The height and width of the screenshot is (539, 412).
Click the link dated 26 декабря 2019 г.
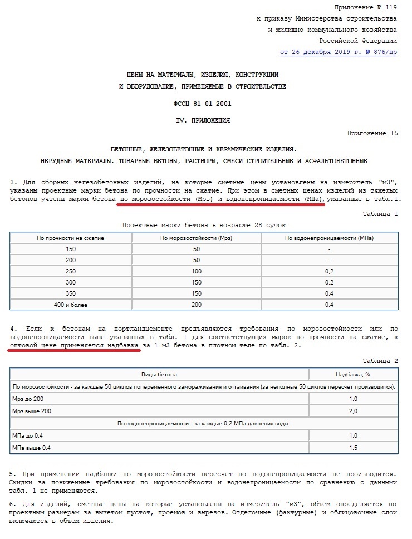click(339, 52)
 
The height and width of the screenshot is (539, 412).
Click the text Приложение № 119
click(366, 7)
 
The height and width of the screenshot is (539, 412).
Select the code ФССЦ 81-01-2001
click(204, 104)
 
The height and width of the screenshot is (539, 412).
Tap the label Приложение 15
click(372, 133)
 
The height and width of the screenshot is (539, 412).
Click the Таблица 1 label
click(380, 213)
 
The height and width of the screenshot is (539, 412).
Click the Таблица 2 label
click(380, 361)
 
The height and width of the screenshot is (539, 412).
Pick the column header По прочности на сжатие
click(71, 238)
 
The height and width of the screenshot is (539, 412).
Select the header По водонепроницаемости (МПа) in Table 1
click(330, 238)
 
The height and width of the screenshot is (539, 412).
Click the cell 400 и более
click(71, 305)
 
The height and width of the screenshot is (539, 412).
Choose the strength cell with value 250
click(71, 271)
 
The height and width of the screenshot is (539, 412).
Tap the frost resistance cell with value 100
click(197, 271)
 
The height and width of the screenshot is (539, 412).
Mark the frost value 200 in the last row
click(197, 305)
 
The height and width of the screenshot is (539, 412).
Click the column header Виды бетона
click(159, 375)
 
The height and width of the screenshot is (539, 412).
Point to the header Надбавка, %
click(354, 375)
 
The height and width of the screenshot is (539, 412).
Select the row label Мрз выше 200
click(31, 411)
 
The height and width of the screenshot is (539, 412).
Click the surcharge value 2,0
click(354, 411)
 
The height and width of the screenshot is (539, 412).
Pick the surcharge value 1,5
click(354, 448)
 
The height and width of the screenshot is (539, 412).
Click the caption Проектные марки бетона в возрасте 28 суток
click(204, 225)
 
